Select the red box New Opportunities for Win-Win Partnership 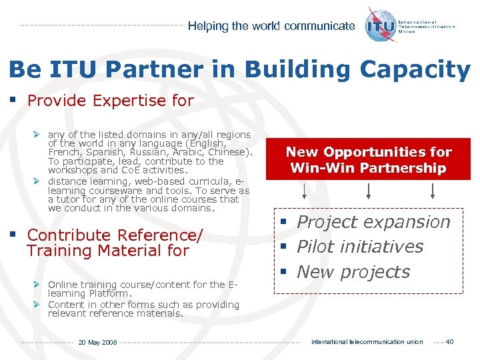[369, 159]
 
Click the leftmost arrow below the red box [304, 191]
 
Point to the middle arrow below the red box [369, 191]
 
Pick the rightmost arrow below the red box [433, 191]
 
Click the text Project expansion [373, 222]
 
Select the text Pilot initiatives [360, 247]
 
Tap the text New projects [353, 272]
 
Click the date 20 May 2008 [97, 343]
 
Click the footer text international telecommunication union [367, 342]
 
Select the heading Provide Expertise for [110, 101]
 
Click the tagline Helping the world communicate [271, 26]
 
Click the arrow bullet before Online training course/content [38, 285]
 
